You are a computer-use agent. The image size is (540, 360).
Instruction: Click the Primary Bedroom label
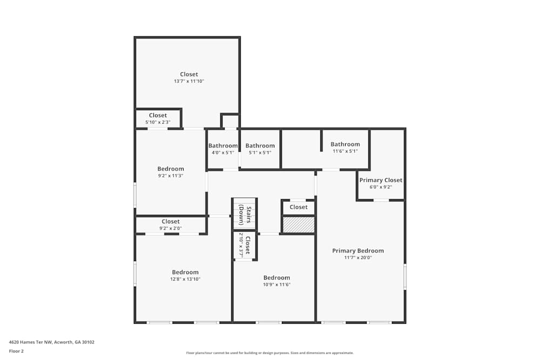pyautogui.click(x=357, y=250)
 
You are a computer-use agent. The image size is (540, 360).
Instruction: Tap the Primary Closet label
pyautogui.click(x=381, y=180)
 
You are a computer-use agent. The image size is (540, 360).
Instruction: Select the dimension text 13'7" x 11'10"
pyautogui.click(x=188, y=81)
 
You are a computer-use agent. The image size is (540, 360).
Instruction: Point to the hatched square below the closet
pyautogui.click(x=299, y=225)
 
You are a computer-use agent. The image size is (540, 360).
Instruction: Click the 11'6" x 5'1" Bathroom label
pyautogui.click(x=345, y=144)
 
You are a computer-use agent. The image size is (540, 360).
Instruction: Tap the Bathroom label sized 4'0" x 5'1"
pyautogui.click(x=223, y=146)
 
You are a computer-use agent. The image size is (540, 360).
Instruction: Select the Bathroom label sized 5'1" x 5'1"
pyautogui.click(x=260, y=146)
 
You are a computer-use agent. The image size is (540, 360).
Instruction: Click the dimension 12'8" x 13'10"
pyautogui.click(x=185, y=279)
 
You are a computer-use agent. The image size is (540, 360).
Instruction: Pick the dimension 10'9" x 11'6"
pyautogui.click(x=276, y=284)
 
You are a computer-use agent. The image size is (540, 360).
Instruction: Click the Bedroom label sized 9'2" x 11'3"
pyautogui.click(x=171, y=169)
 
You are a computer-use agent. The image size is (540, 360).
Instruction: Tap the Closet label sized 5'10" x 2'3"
pyautogui.click(x=158, y=116)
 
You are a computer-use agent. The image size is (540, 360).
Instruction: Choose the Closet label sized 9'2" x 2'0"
pyautogui.click(x=171, y=221)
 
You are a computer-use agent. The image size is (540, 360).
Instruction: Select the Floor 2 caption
pyautogui.click(x=16, y=351)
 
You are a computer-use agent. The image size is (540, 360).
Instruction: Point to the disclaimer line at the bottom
pyautogui.click(x=270, y=353)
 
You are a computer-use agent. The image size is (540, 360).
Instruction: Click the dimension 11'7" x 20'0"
pyautogui.click(x=357, y=257)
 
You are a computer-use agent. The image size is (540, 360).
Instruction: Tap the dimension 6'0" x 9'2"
pyautogui.click(x=381, y=187)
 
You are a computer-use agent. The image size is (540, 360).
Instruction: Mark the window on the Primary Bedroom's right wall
pyautogui.click(x=404, y=276)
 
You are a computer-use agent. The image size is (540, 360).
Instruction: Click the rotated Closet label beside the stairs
pyautogui.click(x=247, y=246)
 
